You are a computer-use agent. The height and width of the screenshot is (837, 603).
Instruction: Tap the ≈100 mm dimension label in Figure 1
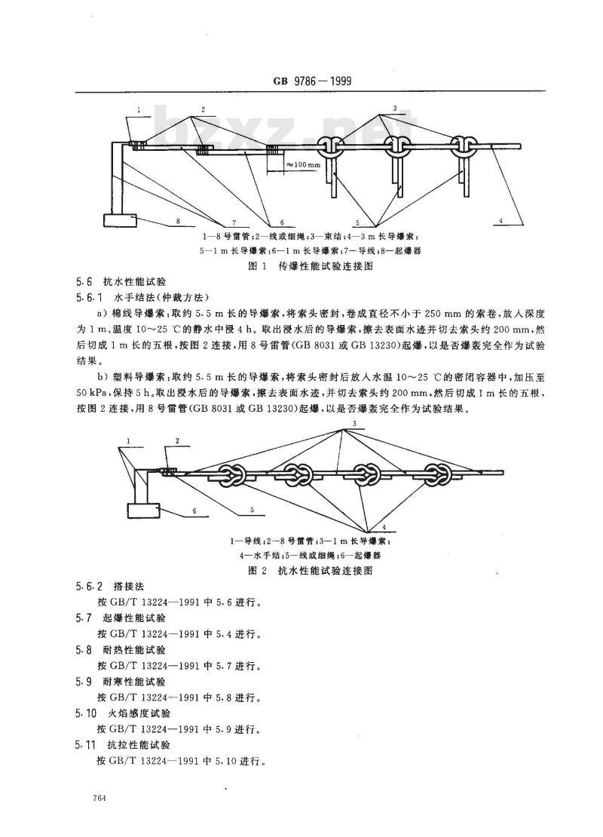point(303,164)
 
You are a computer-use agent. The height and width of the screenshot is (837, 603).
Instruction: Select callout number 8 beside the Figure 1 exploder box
point(177,221)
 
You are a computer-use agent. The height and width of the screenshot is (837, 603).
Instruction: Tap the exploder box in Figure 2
point(143,510)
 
